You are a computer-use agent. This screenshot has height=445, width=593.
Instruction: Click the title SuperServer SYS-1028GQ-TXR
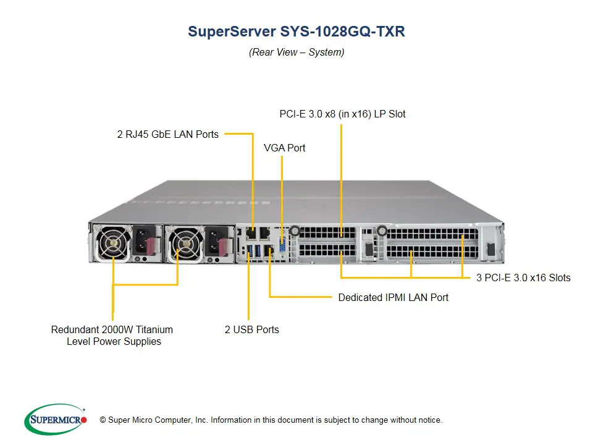pos(296,32)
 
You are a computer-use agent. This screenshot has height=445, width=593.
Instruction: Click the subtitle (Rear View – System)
pos(296,52)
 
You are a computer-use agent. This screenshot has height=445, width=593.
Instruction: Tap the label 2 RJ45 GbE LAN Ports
pos(168,134)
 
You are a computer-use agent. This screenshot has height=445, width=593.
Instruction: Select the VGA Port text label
pos(285,148)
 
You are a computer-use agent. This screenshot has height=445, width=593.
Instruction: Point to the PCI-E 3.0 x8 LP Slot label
pos(342,114)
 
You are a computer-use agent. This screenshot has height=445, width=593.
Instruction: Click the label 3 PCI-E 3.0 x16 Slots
pos(523,278)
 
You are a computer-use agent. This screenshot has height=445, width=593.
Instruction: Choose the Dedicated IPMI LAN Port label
pos(393,297)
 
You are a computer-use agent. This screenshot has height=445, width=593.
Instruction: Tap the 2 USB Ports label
pos(251,329)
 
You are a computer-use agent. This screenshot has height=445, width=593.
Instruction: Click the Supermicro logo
pos(55,420)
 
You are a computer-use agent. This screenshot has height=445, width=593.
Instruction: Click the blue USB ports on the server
pos(250,251)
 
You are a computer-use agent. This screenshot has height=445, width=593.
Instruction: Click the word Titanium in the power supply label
pos(153,329)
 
